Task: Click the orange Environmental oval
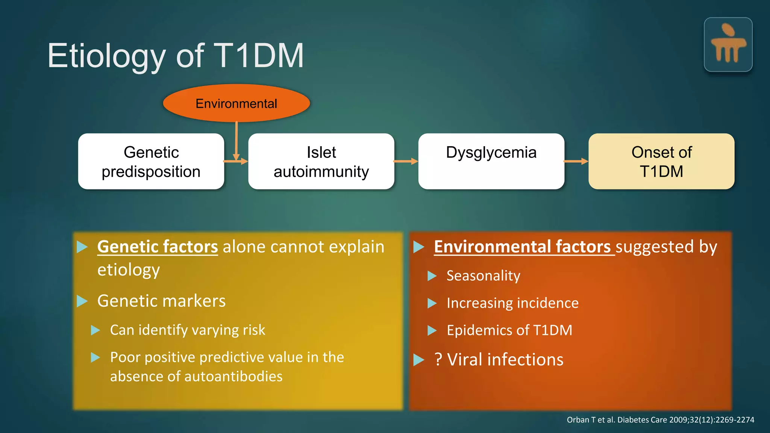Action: tap(236, 103)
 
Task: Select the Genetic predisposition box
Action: tap(151, 162)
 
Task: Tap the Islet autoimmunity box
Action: tap(321, 162)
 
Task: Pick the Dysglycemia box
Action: tap(491, 162)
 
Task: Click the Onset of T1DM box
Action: tap(661, 162)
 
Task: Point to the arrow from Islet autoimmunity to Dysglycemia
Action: tap(406, 161)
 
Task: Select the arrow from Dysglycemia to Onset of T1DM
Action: tap(576, 161)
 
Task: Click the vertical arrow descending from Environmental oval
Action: tap(236, 139)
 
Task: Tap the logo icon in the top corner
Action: tap(728, 44)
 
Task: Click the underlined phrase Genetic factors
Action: tap(158, 247)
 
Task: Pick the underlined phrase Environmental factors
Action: tap(522, 247)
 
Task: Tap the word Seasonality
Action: tap(483, 276)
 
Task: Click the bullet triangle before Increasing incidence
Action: tap(432, 303)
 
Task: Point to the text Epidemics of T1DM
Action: tap(509, 330)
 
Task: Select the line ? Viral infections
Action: tap(499, 360)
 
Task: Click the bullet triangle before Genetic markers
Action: tap(82, 301)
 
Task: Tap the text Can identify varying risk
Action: tap(187, 330)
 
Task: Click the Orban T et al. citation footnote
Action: tap(660, 420)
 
